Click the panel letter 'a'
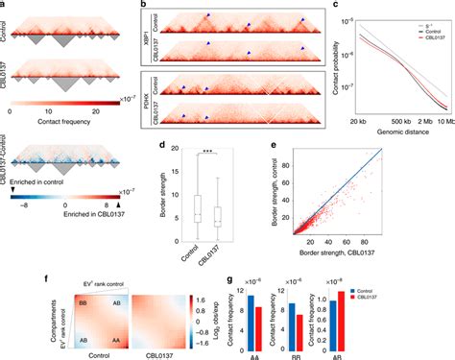pyautogui.click(x=5, y=6)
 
